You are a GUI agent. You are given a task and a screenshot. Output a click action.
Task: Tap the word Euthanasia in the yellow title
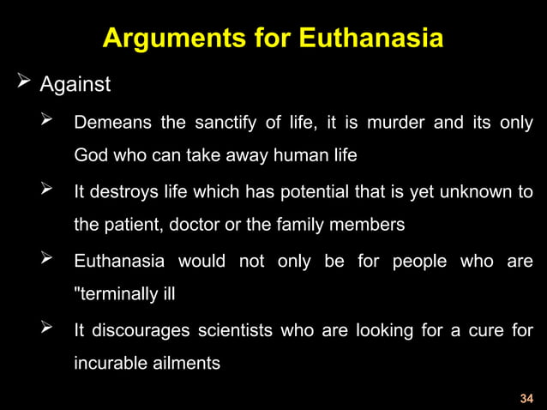tap(370, 39)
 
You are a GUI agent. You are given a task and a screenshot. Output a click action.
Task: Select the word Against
tap(75, 87)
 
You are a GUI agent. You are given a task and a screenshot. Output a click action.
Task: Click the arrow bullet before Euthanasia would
tap(50, 260)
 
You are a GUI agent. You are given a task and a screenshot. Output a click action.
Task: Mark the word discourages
tap(141, 329)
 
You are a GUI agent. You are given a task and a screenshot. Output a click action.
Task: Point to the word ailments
tap(185, 363)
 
